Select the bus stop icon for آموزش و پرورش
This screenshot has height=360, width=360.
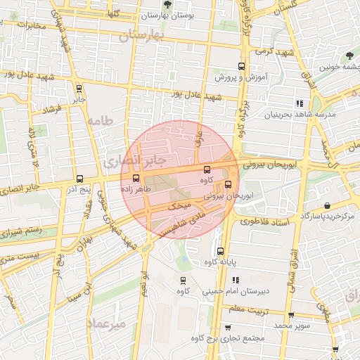pos(241,66)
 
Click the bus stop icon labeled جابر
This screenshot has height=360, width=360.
pos(78,89)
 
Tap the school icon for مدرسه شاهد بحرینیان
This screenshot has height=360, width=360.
pos(300,103)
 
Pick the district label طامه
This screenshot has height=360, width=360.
pos(100,121)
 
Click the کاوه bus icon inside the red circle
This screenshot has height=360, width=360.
pos(206,169)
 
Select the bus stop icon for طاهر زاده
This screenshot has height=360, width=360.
pos(136,178)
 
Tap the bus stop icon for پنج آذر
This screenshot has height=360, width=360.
pos(79,179)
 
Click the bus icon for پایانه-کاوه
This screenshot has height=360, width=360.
pos(220,251)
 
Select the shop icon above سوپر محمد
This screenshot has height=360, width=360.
pos(291,314)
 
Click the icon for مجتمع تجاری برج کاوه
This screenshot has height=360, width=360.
pos(228,328)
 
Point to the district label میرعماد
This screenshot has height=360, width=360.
pos(106,323)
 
